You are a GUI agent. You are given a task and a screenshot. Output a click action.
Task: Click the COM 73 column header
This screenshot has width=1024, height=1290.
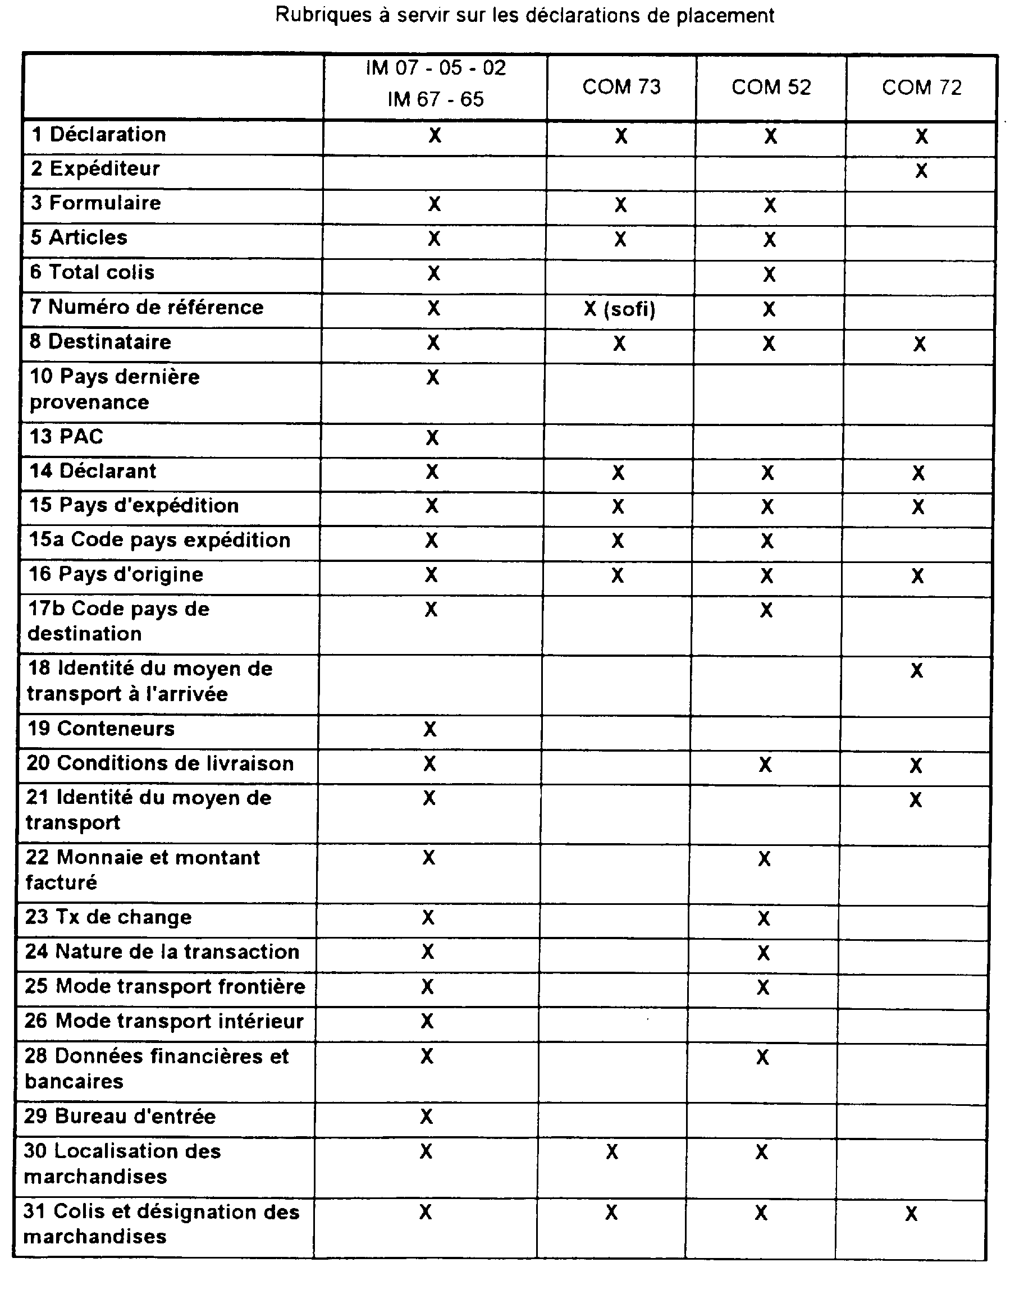click(x=621, y=88)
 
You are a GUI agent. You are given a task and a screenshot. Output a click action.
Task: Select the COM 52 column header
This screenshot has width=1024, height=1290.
click(x=771, y=88)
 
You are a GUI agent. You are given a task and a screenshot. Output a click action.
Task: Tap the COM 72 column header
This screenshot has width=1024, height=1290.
click(x=921, y=88)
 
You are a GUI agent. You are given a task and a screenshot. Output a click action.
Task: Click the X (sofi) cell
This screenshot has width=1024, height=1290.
click(x=619, y=309)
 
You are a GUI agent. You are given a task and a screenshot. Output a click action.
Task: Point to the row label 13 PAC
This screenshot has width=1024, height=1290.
click(x=66, y=436)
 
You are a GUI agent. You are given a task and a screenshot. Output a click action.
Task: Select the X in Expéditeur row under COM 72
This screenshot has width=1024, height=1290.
click(x=921, y=171)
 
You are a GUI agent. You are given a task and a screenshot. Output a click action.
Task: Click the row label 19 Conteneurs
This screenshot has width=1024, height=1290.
click(x=101, y=728)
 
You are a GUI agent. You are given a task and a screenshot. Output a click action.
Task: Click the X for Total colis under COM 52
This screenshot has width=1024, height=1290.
click(x=769, y=275)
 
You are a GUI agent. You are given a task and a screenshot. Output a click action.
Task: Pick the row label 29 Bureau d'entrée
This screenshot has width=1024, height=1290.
click(x=120, y=1116)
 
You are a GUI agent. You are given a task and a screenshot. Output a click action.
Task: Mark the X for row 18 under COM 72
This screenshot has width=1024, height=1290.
click(x=916, y=671)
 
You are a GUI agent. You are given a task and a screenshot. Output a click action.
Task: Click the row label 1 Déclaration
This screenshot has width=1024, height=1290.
click(x=99, y=135)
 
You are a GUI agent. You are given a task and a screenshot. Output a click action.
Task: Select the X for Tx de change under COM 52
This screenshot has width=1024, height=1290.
click(x=764, y=918)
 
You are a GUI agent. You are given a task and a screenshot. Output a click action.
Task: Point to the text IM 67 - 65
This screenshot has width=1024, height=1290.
click(x=435, y=99)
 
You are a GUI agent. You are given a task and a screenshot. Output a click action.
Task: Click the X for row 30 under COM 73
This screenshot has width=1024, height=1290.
click(x=611, y=1151)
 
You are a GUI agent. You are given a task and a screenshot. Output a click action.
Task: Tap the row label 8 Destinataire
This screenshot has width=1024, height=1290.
click(x=100, y=342)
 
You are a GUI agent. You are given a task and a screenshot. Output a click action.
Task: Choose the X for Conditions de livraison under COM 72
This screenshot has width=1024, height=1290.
click(x=916, y=765)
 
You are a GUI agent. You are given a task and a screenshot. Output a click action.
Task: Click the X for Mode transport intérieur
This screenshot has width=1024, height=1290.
click(x=427, y=1021)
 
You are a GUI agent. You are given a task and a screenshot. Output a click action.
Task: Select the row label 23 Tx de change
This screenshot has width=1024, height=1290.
click(x=108, y=917)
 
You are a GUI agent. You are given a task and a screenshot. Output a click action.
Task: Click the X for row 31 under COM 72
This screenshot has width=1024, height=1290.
click(x=911, y=1214)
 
